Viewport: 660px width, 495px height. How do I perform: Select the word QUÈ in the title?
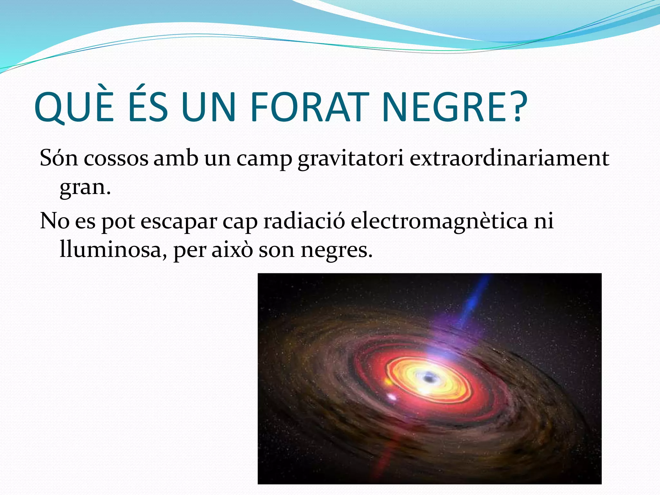click(x=74, y=107)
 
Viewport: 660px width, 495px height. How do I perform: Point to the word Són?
click(x=59, y=158)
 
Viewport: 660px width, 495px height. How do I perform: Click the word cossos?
click(x=116, y=158)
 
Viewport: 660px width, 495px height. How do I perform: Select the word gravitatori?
click(x=351, y=159)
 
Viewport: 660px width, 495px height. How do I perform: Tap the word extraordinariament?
click(x=509, y=158)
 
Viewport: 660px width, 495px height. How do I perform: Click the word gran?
click(x=84, y=188)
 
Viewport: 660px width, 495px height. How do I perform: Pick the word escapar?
click(x=179, y=222)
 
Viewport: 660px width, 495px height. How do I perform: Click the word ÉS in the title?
click(x=148, y=107)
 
